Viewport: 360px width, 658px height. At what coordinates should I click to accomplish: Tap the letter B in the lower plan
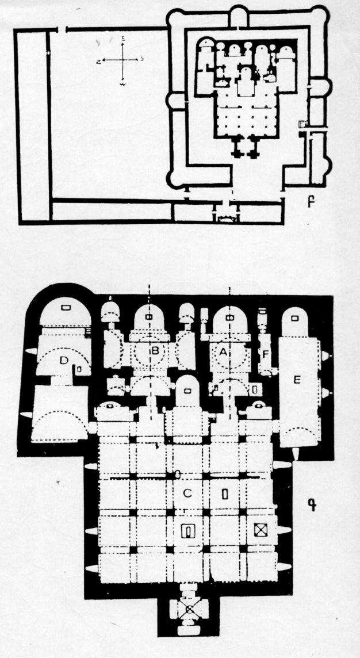(154, 351)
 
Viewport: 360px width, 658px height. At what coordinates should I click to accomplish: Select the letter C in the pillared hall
(187, 493)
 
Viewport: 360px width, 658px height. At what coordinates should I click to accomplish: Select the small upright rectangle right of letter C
(225, 494)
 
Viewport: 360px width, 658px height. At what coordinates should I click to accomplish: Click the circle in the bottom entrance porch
(187, 607)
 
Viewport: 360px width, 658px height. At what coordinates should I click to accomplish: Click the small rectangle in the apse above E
(295, 317)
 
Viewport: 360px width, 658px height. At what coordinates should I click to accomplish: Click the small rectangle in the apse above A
(229, 317)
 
